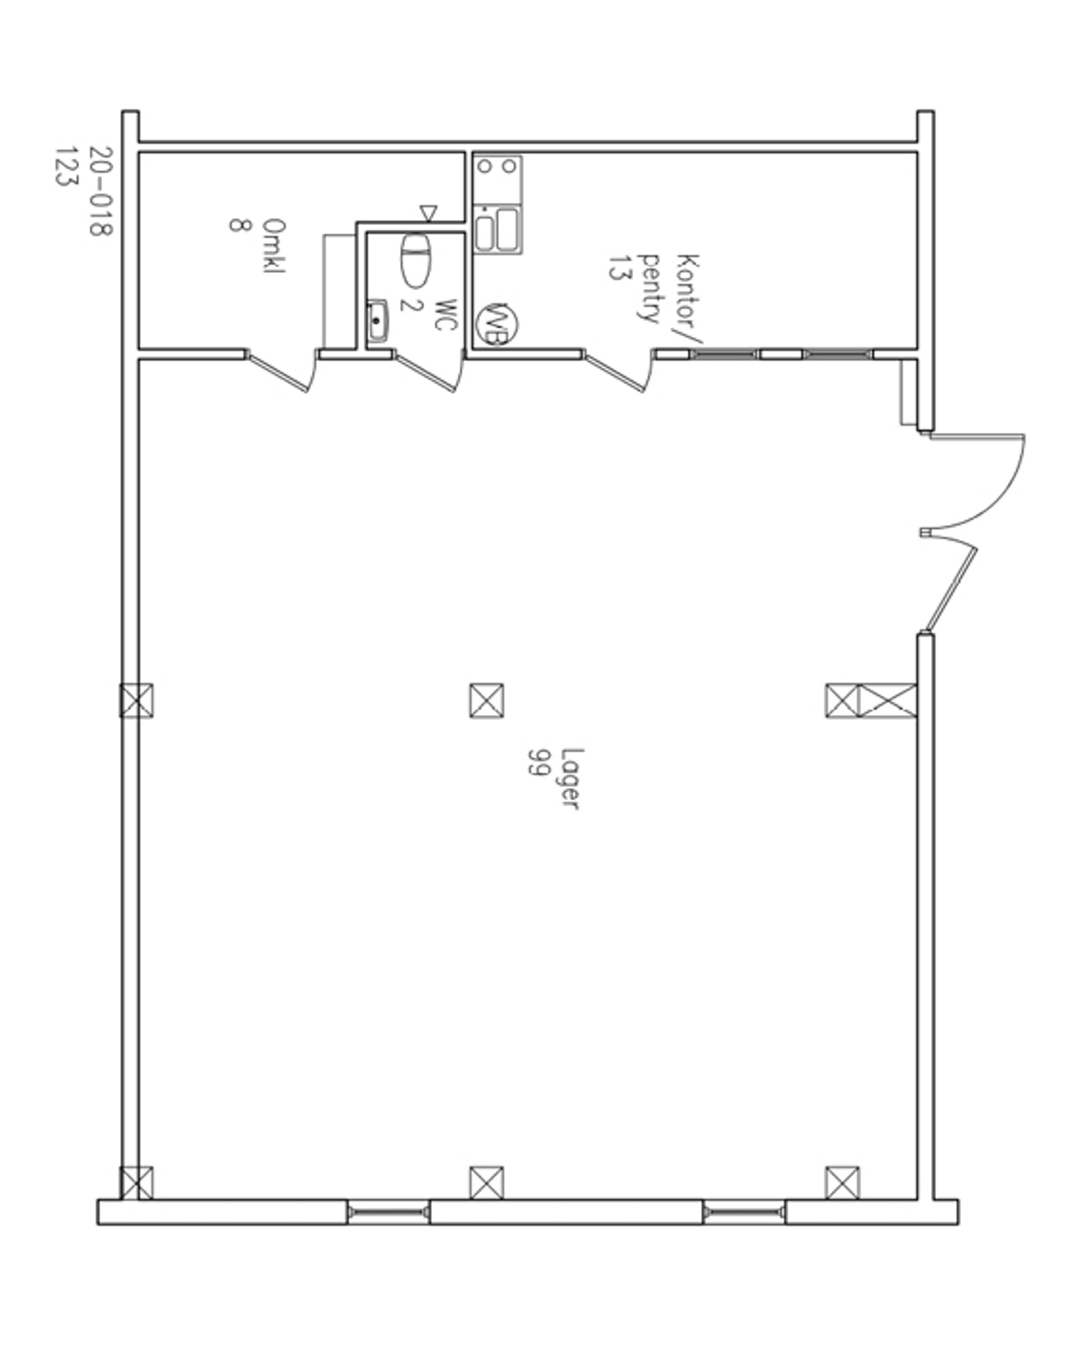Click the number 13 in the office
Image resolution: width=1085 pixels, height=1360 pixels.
coord(620,267)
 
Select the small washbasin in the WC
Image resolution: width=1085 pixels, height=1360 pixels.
coord(378,321)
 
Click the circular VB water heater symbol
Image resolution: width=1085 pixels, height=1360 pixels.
coord(497,324)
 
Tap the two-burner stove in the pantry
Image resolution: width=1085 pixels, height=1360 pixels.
coord(498,180)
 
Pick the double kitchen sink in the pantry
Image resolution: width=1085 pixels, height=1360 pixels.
coord(498,230)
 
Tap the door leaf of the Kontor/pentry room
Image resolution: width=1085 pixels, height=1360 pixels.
coord(614,372)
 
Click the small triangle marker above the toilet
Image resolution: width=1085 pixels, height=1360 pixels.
coord(428,213)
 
